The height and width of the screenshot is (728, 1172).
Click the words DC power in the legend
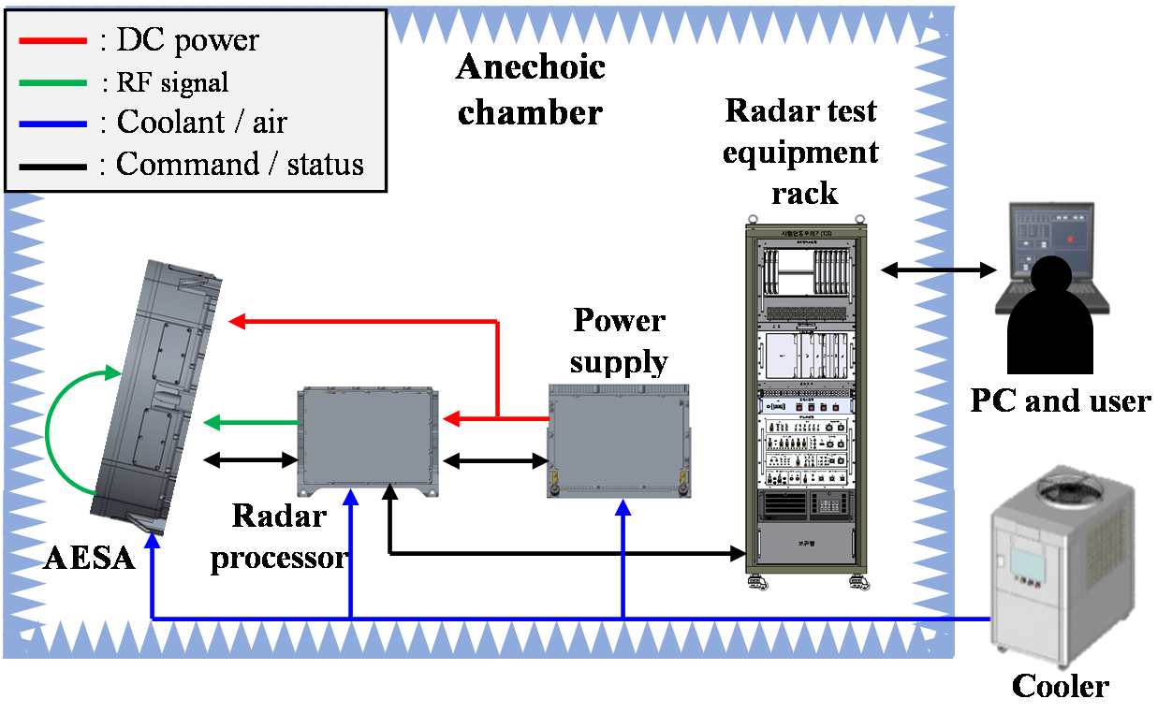[x=187, y=40]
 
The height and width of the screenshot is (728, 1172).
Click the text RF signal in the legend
[x=172, y=82]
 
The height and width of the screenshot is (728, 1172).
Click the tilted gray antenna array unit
[x=159, y=398]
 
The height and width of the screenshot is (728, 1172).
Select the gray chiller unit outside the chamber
[x=1062, y=571]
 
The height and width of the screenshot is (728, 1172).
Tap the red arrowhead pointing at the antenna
[x=236, y=322]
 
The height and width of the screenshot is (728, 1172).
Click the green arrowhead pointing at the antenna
[x=211, y=423]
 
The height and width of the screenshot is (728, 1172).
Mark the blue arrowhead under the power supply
[x=623, y=508]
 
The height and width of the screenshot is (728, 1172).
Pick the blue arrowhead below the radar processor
[x=350, y=501]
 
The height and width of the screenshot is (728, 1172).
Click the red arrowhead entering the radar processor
[x=449, y=419]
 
